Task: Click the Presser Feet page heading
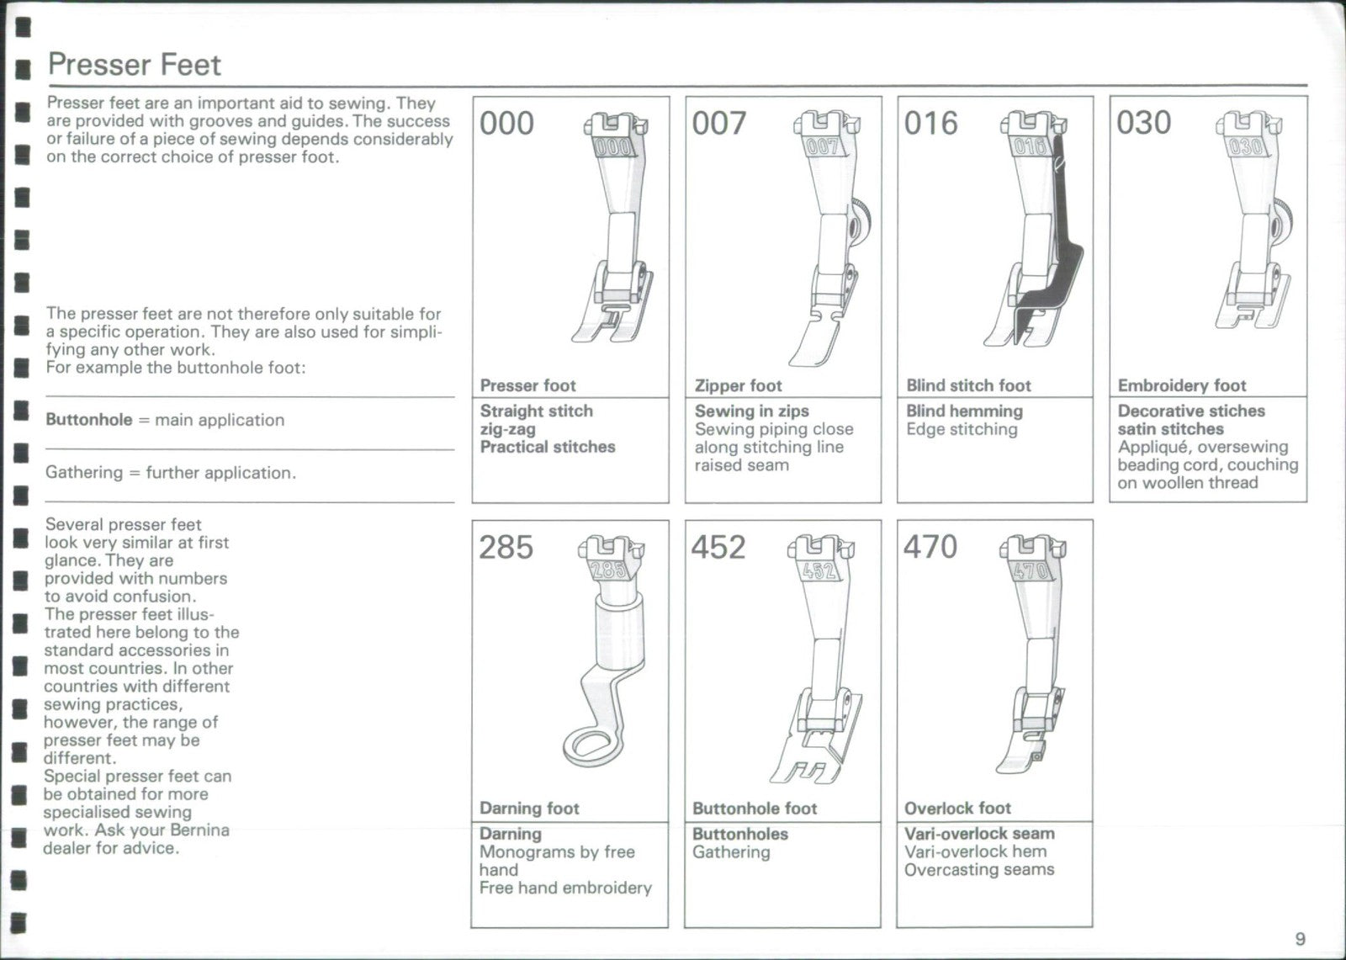coord(134,65)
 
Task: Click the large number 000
coord(506,124)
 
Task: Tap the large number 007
coord(718,124)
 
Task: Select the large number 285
coord(506,548)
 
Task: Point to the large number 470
coord(930,547)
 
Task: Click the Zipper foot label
coord(738,386)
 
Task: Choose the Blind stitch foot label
coord(968,386)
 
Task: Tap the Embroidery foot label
coord(1181,386)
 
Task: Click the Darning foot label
coord(529,809)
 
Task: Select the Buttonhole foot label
coord(755,809)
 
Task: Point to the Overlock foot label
coord(957,809)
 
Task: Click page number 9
coord(1301,939)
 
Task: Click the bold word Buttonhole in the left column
coord(89,420)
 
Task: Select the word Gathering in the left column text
coord(84,473)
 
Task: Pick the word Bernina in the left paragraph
coord(199,830)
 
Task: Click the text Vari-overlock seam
coord(979,834)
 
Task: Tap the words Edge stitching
coord(962,430)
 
